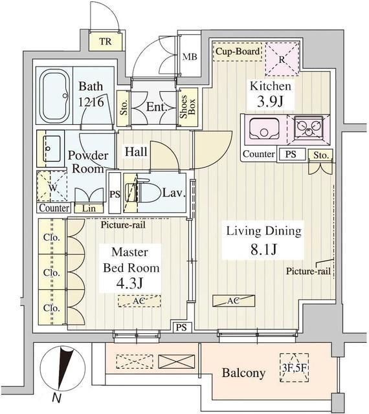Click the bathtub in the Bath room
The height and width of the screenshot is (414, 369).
[x=55, y=96]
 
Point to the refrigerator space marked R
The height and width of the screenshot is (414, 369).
[x=282, y=60]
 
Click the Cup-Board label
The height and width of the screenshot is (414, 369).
[x=238, y=51]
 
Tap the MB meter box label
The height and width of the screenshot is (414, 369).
[x=190, y=56]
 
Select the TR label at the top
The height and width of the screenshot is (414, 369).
[x=106, y=41]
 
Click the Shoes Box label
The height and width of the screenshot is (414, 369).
[x=187, y=107]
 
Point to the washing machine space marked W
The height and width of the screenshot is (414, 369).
[x=52, y=187]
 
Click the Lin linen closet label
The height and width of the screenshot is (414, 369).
[x=89, y=208]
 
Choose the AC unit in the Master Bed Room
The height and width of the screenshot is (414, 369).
[x=139, y=301]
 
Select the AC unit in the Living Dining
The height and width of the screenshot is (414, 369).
[x=234, y=300]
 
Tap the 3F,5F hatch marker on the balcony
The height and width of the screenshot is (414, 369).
[x=294, y=368]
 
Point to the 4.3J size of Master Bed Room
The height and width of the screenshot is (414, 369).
[x=129, y=283]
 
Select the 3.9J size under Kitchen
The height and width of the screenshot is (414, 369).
[x=270, y=101]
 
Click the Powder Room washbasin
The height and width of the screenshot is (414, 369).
[x=51, y=148]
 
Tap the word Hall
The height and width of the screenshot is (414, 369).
[x=136, y=151]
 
